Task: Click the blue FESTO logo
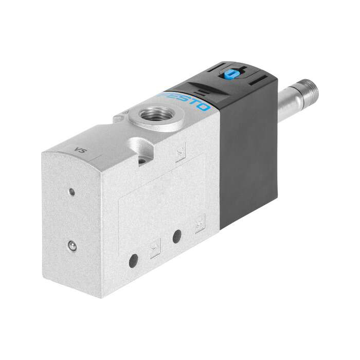click(x=186, y=102)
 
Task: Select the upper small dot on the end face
click(x=72, y=192)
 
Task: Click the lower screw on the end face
click(x=73, y=246)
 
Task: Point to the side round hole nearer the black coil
click(x=177, y=237)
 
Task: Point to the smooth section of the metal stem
click(x=291, y=103)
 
